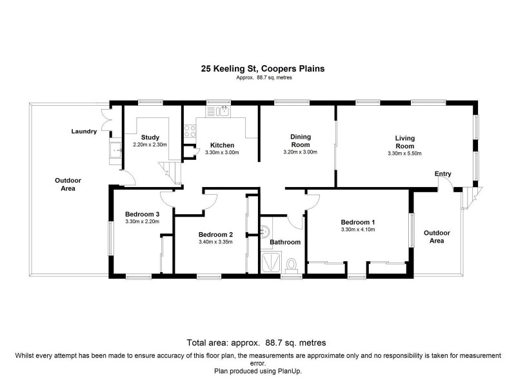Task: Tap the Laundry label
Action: click(x=84, y=132)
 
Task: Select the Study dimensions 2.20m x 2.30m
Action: click(x=150, y=145)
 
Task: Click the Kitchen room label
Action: click(x=221, y=145)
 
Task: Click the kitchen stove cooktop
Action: click(x=190, y=132)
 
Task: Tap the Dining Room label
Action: click(x=300, y=141)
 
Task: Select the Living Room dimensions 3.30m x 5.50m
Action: click(x=404, y=154)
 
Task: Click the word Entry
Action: click(x=443, y=174)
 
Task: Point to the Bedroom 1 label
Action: click(x=357, y=222)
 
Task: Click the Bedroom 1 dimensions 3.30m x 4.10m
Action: click(x=357, y=230)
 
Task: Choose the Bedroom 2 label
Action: click(x=215, y=234)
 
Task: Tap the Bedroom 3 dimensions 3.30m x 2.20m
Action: click(x=142, y=222)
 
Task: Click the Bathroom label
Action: click(x=285, y=243)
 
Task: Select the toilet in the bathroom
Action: click(x=292, y=264)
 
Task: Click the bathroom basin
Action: click(x=264, y=232)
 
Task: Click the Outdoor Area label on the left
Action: click(x=64, y=184)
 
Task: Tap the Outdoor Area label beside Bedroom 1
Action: click(x=437, y=237)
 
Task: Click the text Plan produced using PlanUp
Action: click(x=257, y=371)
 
